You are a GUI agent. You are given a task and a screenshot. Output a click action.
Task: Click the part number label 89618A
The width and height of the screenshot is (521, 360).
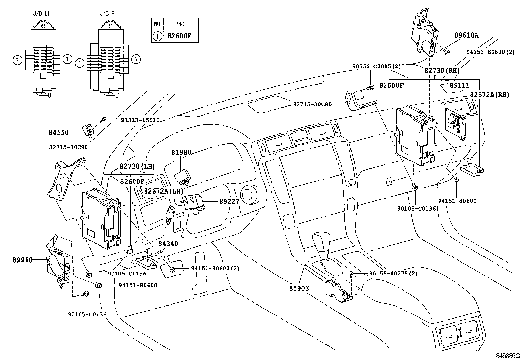pos(466,35)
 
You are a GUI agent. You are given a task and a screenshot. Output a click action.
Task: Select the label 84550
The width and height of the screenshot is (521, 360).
pos(59,132)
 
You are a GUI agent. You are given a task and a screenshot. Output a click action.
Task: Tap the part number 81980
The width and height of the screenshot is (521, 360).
pos(181,152)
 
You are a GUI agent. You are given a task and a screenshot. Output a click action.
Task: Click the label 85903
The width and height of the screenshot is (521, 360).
pos(299,289)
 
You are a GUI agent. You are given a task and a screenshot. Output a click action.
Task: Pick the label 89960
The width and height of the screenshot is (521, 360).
pos(23,260)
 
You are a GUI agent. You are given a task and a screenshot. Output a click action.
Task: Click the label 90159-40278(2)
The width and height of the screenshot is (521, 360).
pos(393,273)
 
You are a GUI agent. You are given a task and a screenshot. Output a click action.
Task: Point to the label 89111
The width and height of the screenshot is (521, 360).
pos(459,85)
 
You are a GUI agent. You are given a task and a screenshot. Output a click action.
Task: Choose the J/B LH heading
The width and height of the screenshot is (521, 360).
pos(43,14)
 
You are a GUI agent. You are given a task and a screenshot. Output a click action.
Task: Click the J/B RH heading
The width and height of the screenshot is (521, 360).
pos(109,14)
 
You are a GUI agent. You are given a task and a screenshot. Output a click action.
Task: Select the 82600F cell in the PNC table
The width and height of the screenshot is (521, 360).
pos(179,36)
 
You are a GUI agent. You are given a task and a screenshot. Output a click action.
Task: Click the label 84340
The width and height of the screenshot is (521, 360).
pos(168,244)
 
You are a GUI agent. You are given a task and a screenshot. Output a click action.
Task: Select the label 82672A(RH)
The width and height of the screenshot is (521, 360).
pos(490,94)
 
